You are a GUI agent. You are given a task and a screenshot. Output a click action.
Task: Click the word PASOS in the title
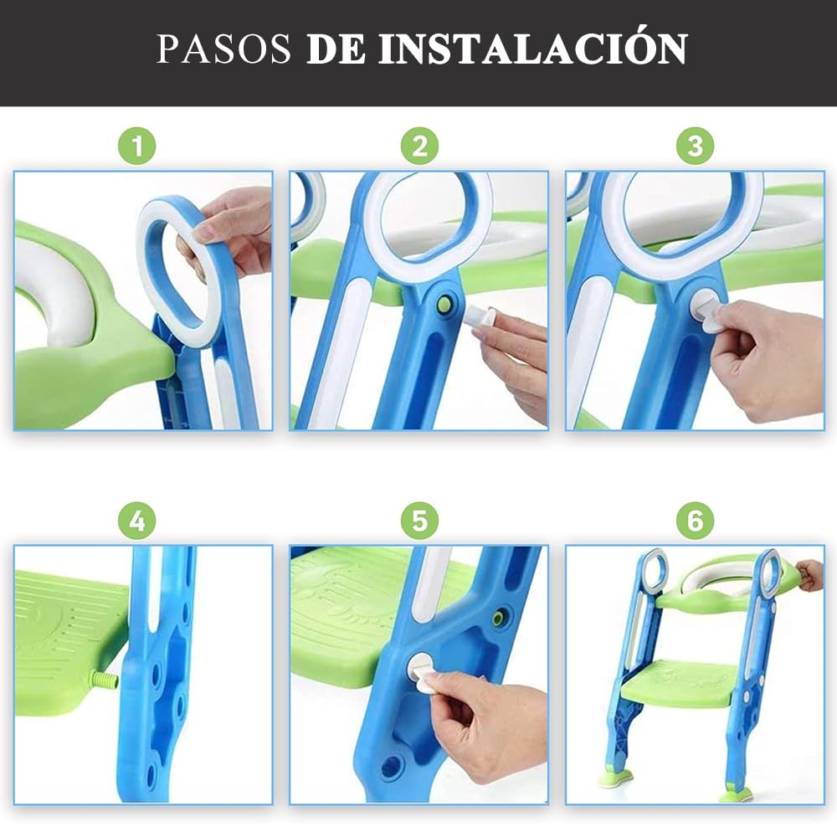[x=223, y=49]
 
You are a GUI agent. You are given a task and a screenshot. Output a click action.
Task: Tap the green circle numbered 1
[x=137, y=146]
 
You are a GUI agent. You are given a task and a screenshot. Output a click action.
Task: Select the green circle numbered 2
[x=419, y=146]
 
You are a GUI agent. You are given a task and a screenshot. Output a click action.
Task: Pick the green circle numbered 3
[x=696, y=146]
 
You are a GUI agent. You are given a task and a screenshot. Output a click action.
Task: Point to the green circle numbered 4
[x=137, y=521]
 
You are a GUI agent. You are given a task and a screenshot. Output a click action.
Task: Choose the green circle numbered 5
[x=419, y=521]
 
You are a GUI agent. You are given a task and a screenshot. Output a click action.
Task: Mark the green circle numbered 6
[x=696, y=521]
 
